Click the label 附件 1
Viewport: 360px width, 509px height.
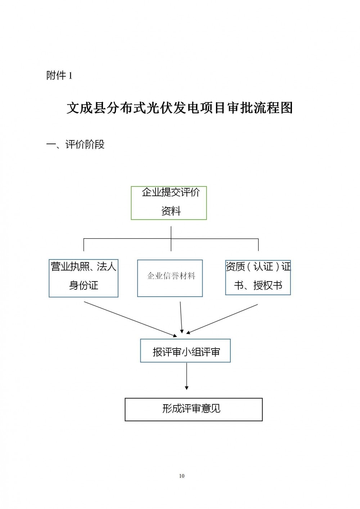tap(59, 76)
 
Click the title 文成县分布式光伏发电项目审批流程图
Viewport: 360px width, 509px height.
tap(180, 108)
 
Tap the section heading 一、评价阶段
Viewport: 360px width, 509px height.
tap(76, 144)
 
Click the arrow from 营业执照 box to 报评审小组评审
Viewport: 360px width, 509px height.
tap(130, 319)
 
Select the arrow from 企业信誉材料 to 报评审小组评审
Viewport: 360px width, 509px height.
tap(181, 317)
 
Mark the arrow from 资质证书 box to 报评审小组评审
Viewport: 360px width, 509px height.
tap(222, 319)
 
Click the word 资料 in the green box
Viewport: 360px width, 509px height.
tap(171, 211)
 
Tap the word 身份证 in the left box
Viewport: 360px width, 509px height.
tap(84, 285)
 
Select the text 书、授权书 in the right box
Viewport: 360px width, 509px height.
tap(258, 285)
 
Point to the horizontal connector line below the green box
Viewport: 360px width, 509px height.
tap(171, 239)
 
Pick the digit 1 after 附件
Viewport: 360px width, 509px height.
tap(71, 76)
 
